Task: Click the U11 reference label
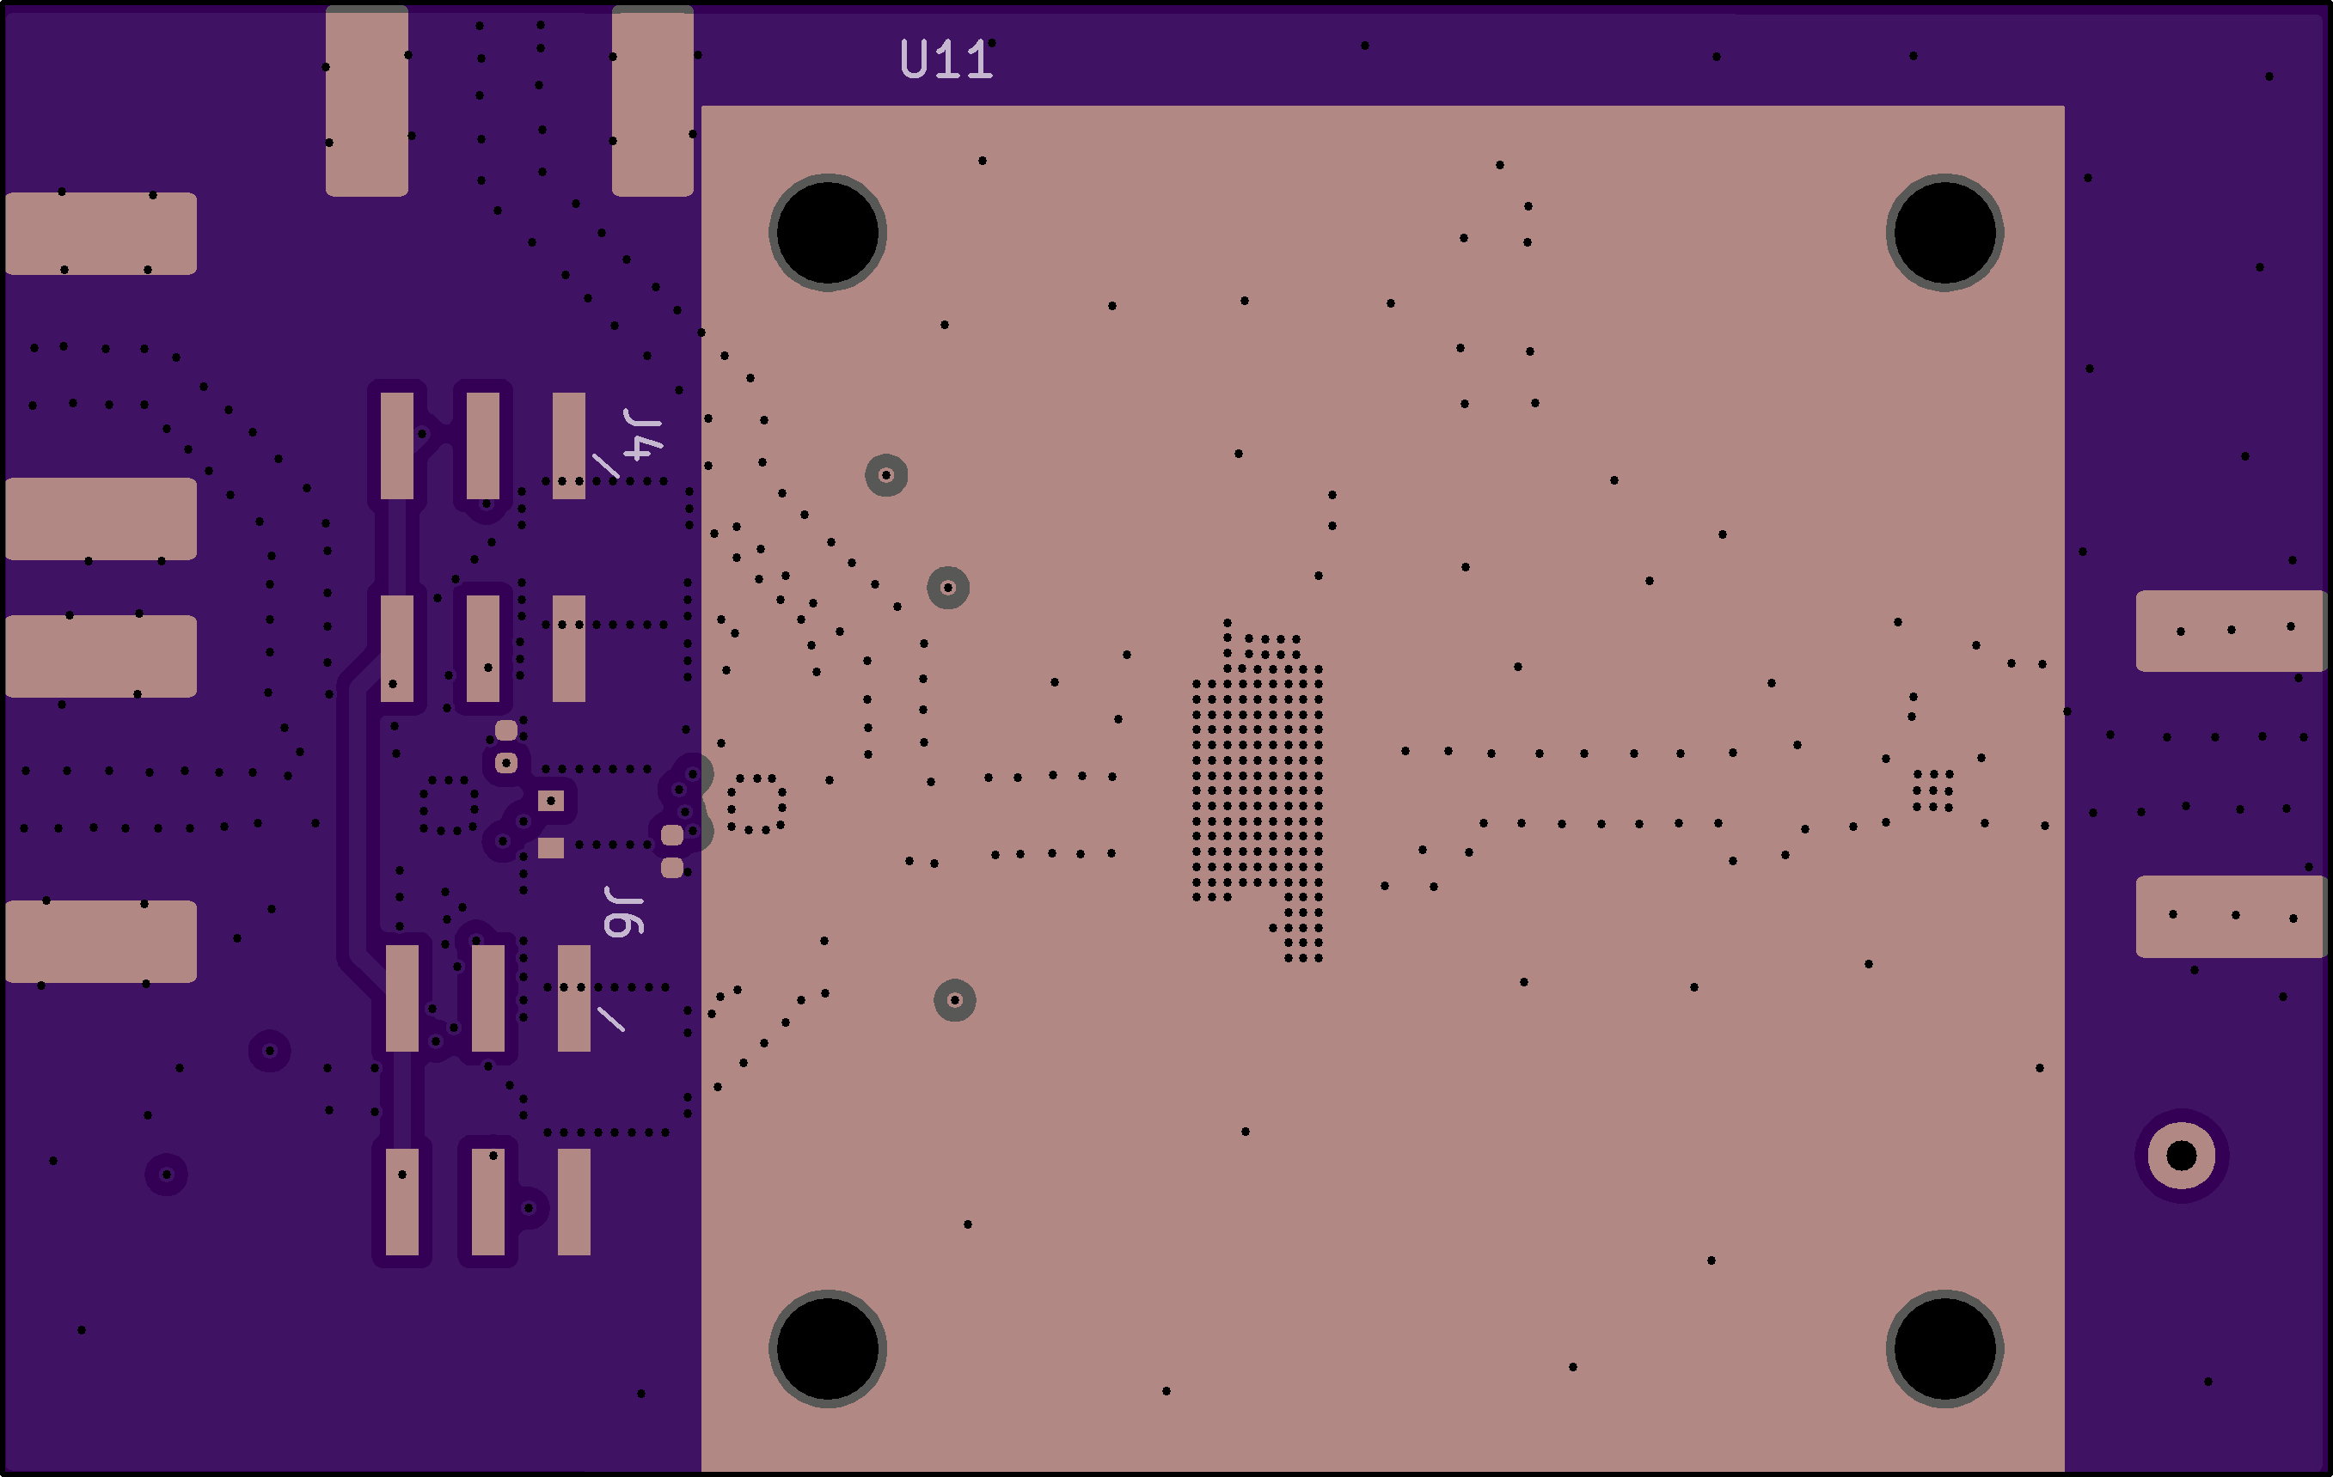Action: click(946, 59)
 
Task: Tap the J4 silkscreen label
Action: click(643, 435)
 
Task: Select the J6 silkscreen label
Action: click(624, 912)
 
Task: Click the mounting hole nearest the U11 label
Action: click(828, 233)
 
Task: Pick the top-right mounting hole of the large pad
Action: click(1944, 233)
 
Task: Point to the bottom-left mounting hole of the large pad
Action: click(828, 1348)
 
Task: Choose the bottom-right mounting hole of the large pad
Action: click(1944, 1348)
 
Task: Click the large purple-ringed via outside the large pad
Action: click(2182, 1156)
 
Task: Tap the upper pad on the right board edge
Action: click(2231, 631)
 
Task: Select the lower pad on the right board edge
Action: click(2231, 917)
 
